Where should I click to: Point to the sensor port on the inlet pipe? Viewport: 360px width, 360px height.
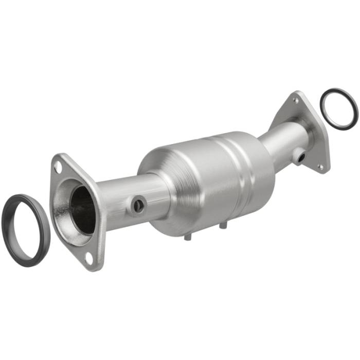138,206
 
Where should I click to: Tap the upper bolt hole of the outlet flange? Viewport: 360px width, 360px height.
295,101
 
